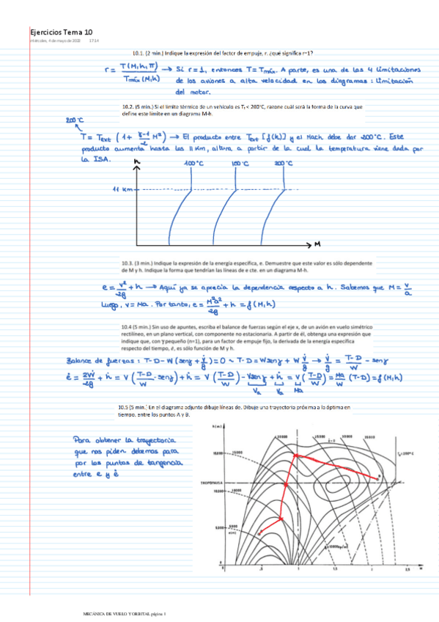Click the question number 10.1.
coord(138,54)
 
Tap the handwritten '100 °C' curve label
coord(193,163)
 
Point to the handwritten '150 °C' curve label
coord(240,164)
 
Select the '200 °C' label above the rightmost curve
coord(284,164)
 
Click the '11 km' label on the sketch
coord(121,189)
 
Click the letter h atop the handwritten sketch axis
coord(137,161)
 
